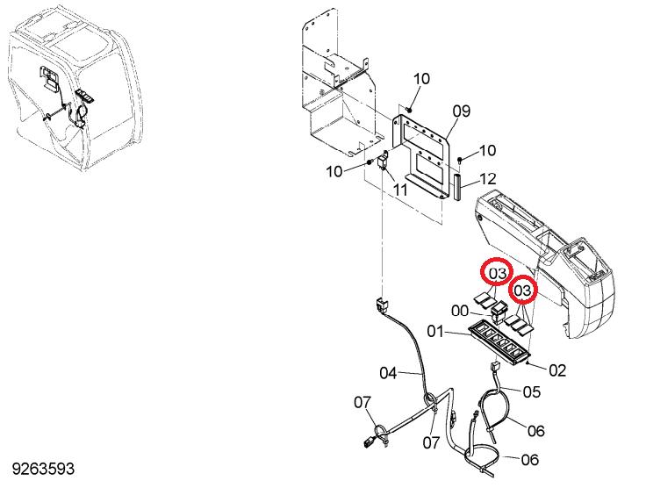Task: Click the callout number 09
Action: pyautogui.click(x=462, y=111)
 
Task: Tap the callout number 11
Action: pyautogui.click(x=400, y=190)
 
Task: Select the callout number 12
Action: pyautogui.click(x=488, y=179)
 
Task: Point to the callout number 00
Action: pyautogui.click(x=460, y=311)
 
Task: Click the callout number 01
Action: pyautogui.click(x=435, y=331)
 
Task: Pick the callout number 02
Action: pyautogui.click(x=557, y=370)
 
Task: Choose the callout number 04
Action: pyautogui.click(x=388, y=374)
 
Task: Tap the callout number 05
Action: pyautogui.click(x=532, y=391)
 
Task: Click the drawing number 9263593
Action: pyautogui.click(x=43, y=469)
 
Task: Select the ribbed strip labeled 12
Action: pyautogui.click(x=457, y=187)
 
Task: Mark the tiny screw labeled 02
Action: pyautogui.click(x=528, y=362)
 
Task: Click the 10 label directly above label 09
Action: pyautogui.click(x=421, y=79)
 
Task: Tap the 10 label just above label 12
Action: pyautogui.click(x=487, y=150)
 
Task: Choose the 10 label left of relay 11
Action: pyautogui.click(x=334, y=171)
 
